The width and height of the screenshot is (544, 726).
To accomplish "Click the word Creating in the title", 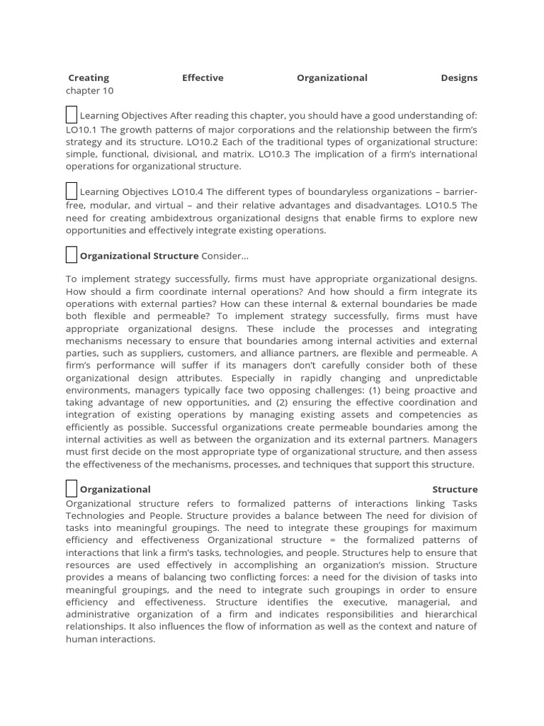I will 89,78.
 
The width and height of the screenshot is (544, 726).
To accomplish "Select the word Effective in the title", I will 203,78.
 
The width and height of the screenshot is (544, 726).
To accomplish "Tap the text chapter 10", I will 89,90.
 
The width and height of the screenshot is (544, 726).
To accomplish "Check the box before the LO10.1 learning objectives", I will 72,115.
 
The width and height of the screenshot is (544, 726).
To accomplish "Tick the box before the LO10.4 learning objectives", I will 72,191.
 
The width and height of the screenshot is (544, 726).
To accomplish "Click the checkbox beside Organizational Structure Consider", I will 72,255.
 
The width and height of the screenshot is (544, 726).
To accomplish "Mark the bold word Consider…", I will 225,255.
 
